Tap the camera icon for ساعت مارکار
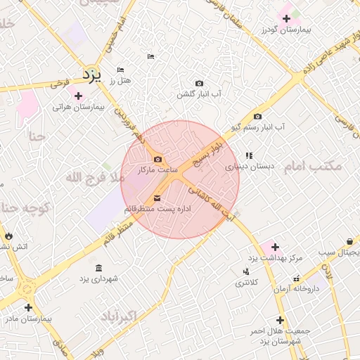point(157,159)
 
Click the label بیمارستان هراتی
point(78,108)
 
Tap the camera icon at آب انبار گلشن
point(199,83)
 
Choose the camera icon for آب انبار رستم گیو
point(257,116)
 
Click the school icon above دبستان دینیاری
point(248,155)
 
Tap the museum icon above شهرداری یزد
point(98,268)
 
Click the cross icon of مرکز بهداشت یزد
point(274,247)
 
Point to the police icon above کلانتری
point(245,271)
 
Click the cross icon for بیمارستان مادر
point(27,307)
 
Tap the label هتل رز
point(117,81)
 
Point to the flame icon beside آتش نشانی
point(8,236)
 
